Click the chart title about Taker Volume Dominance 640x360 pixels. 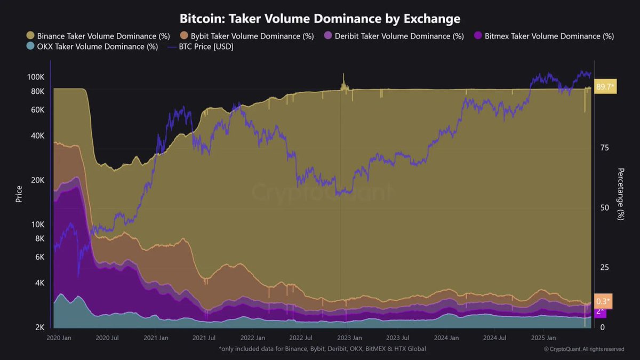320,19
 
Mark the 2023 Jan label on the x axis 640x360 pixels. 350,338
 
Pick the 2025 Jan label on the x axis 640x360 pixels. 542,338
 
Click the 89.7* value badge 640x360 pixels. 605,86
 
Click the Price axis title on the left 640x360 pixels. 19,193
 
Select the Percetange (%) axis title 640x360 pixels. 620,193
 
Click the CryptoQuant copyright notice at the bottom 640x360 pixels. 583,349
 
